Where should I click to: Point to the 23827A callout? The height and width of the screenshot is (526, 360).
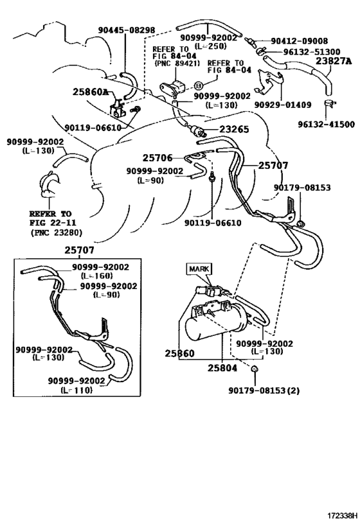tap(333, 62)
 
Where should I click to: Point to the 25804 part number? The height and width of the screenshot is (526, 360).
tap(221, 368)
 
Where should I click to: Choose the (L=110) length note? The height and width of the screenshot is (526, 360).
tap(77, 390)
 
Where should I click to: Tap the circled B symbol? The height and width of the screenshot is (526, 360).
tap(199, 85)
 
